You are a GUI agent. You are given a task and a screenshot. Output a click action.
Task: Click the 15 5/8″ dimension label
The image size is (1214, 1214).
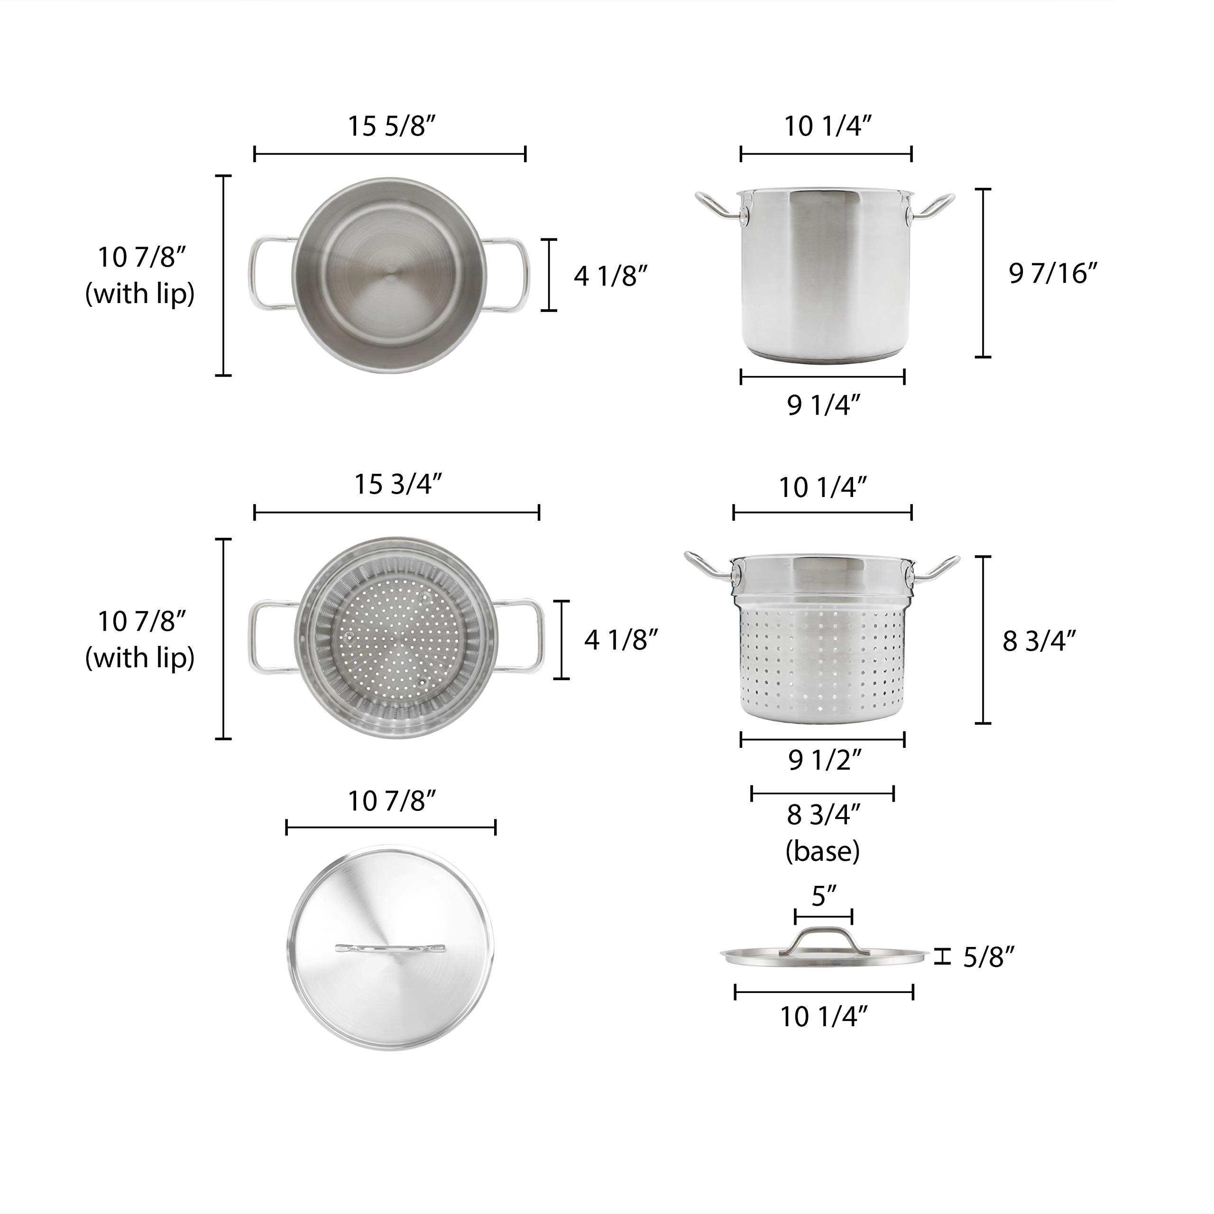pos(392,126)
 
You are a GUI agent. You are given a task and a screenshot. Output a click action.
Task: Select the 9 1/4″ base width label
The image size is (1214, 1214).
pos(823,405)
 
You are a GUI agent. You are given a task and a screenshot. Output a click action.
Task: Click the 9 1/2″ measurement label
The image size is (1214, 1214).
pos(824,761)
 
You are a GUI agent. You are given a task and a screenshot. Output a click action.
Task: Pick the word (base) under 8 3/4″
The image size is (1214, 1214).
pos(822,851)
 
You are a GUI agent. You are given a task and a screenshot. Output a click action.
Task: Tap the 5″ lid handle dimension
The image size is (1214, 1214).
pos(824,896)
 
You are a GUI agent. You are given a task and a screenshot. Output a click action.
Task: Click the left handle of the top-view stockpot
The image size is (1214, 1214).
pos(270,274)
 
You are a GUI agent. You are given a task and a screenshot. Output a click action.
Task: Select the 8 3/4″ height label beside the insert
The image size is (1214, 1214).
pos(1039,641)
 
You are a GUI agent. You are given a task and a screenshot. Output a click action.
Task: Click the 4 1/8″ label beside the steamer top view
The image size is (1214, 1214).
pos(621,640)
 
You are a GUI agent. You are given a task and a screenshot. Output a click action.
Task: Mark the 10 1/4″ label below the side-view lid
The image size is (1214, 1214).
pos(824,1017)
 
